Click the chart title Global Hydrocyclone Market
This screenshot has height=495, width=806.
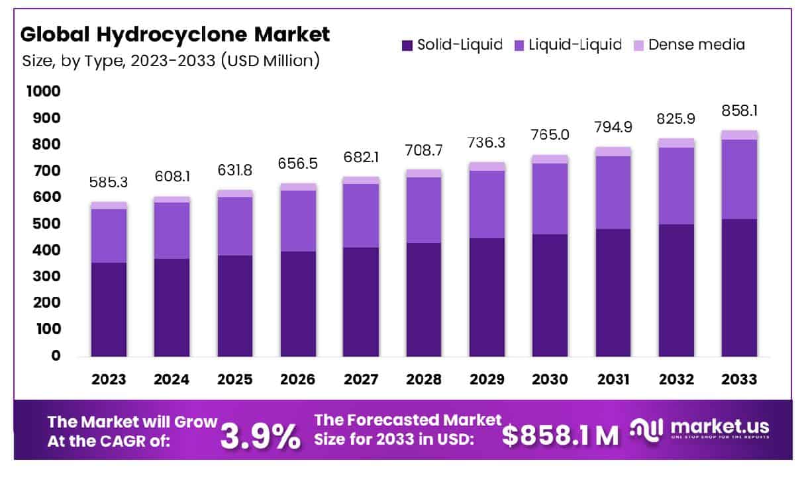176,34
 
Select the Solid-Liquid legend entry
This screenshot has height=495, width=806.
451,45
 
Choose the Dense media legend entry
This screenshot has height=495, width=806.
688,45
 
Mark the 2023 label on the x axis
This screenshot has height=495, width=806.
109,379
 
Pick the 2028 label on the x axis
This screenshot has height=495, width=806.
424,379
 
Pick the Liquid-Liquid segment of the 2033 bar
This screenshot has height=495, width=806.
739,179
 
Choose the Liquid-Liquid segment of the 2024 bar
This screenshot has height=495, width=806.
172,230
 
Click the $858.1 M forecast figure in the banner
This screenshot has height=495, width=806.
560,435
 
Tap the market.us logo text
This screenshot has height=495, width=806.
719,427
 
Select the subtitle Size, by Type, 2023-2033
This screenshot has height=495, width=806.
172,62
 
